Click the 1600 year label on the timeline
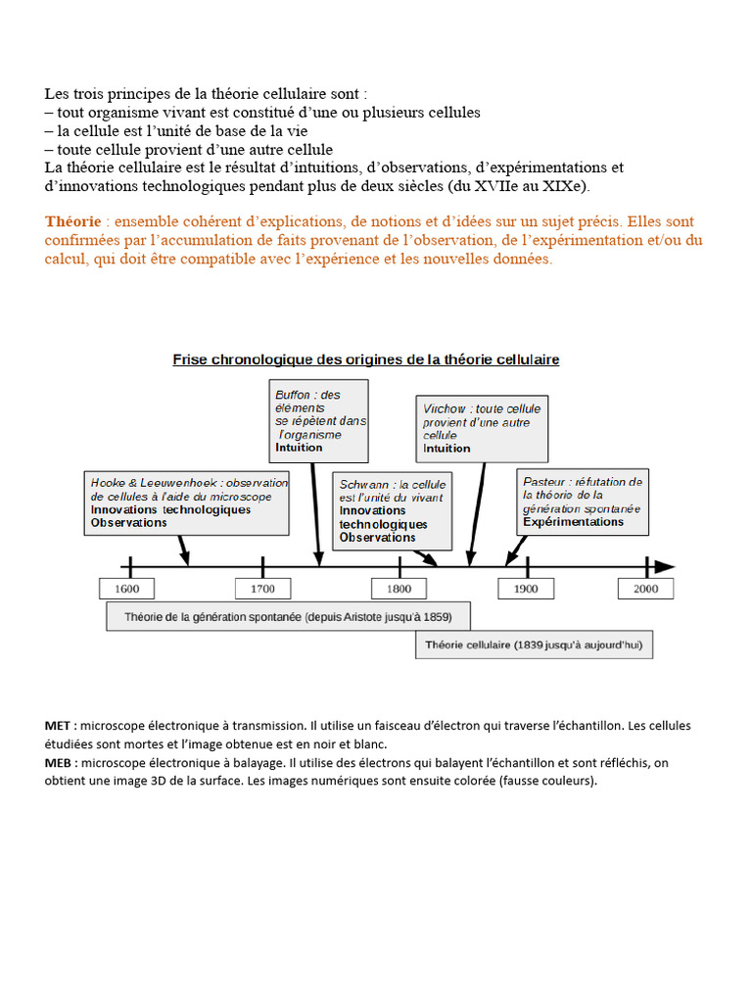coord(126,589)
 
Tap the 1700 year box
coord(262,589)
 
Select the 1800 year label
coord(399,589)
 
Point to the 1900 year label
coord(526,589)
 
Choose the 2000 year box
coord(645,589)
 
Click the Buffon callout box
coord(320,420)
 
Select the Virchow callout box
coord(482,428)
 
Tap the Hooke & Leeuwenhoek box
coord(189,502)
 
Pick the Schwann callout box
coord(393,510)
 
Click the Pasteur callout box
coord(583,501)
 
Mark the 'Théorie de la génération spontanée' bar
coord(288,617)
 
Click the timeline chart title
coord(366,359)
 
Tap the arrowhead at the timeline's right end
coord(665,566)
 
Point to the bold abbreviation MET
coord(58,726)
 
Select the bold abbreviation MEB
coord(58,762)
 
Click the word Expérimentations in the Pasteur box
coord(573,522)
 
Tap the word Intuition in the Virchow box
coord(446,449)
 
